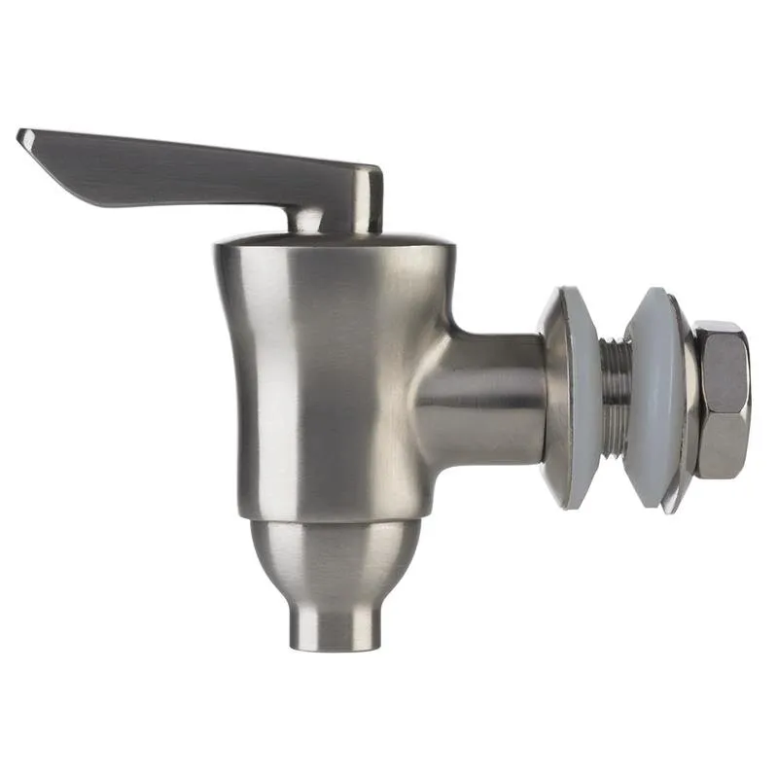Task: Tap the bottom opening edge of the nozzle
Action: (x=336, y=648)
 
